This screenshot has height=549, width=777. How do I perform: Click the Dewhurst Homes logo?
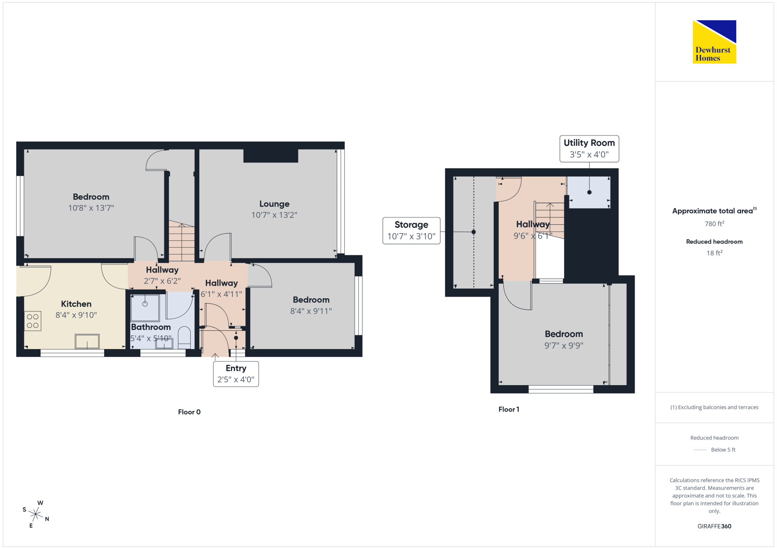tap(714, 42)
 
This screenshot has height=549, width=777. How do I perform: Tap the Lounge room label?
tap(274, 204)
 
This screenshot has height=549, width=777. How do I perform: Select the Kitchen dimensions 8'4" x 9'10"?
tap(76, 315)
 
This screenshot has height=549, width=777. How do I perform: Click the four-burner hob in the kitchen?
tap(33, 321)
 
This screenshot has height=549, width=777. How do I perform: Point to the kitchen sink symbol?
tap(87, 342)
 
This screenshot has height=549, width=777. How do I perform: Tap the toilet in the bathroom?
tap(184, 337)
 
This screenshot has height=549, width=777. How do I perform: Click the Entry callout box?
tap(236, 374)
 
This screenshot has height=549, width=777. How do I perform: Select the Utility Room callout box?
tap(589, 149)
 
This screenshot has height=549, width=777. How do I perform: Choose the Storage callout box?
tap(411, 231)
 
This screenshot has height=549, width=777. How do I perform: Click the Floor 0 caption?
tap(189, 412)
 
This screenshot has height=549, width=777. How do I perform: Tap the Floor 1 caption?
tap(509, 409)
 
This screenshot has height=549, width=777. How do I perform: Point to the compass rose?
tap(36, 514)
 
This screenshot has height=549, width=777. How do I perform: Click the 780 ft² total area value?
tap(714, 224)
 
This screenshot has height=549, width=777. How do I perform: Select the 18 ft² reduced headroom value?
tap(714, 253)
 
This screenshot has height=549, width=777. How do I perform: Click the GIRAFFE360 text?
tap(714, 526)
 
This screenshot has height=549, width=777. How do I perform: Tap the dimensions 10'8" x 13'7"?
tap(91, 208)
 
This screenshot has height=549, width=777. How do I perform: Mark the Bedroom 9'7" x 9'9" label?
tap(564, 339)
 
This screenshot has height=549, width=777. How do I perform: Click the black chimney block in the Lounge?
tap(271, 156)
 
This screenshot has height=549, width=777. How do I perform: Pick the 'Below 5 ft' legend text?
tap(723, 450)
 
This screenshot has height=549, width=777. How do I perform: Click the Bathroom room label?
tap(151, 327)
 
